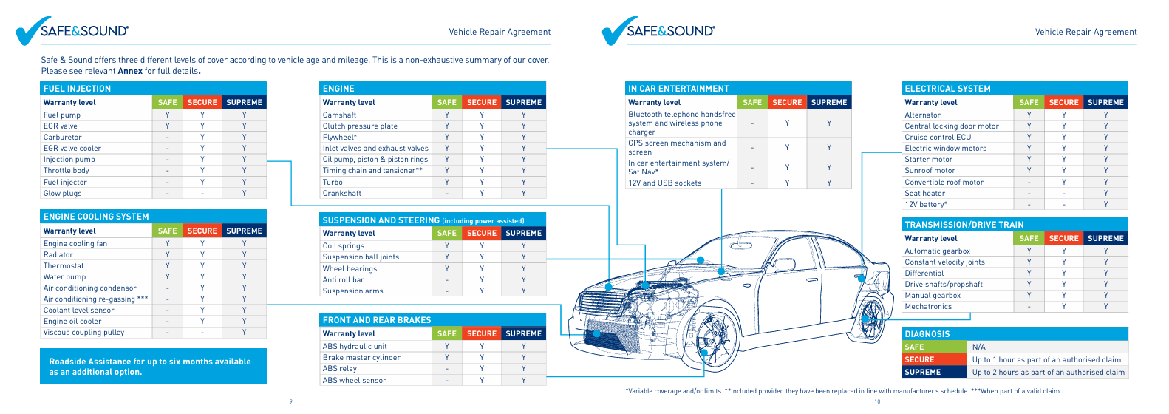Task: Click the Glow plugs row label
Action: [62, 193]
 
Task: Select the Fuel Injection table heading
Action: [78, 89]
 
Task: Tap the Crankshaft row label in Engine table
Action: [342, 193]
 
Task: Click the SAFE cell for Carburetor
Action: [168, 138]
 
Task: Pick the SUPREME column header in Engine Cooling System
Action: [245, 231]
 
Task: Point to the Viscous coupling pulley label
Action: [83, 333]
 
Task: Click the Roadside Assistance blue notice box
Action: [154, 366]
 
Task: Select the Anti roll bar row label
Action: [344, 280]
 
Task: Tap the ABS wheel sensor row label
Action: [355, 381]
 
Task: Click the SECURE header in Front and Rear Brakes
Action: [482, 333]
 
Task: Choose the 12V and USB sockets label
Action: [665, 183]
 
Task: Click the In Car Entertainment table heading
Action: [678, 89]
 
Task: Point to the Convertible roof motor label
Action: [944, 182]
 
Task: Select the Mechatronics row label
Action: [928, 307]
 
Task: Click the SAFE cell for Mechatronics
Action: [1029, 307]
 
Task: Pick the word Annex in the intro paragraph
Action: [130, 71]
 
